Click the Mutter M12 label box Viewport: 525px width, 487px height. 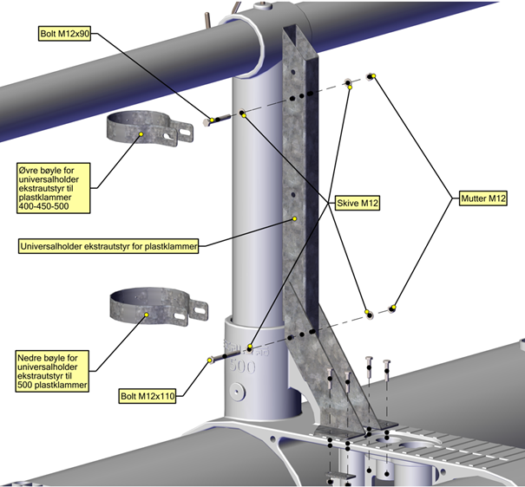click(482, 199)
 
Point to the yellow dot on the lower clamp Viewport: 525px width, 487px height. click(148, 315)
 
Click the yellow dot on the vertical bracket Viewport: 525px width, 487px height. click(295, 218)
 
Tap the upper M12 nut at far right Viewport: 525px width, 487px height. click(371, 76)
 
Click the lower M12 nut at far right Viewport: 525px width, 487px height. click(393, 307)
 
